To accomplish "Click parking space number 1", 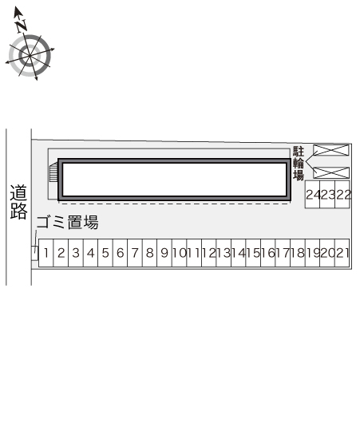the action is point(46,253).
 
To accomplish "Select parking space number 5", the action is point(105,253).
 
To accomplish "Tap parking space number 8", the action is point(150,253).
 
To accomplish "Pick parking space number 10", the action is point(179,253).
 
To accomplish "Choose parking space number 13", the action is point(224,253).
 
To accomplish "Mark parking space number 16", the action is point(268,253).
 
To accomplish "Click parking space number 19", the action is point(312,253).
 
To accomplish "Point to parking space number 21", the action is point(342,253).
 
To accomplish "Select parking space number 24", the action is point(312,194).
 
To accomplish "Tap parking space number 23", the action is point(327,194).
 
